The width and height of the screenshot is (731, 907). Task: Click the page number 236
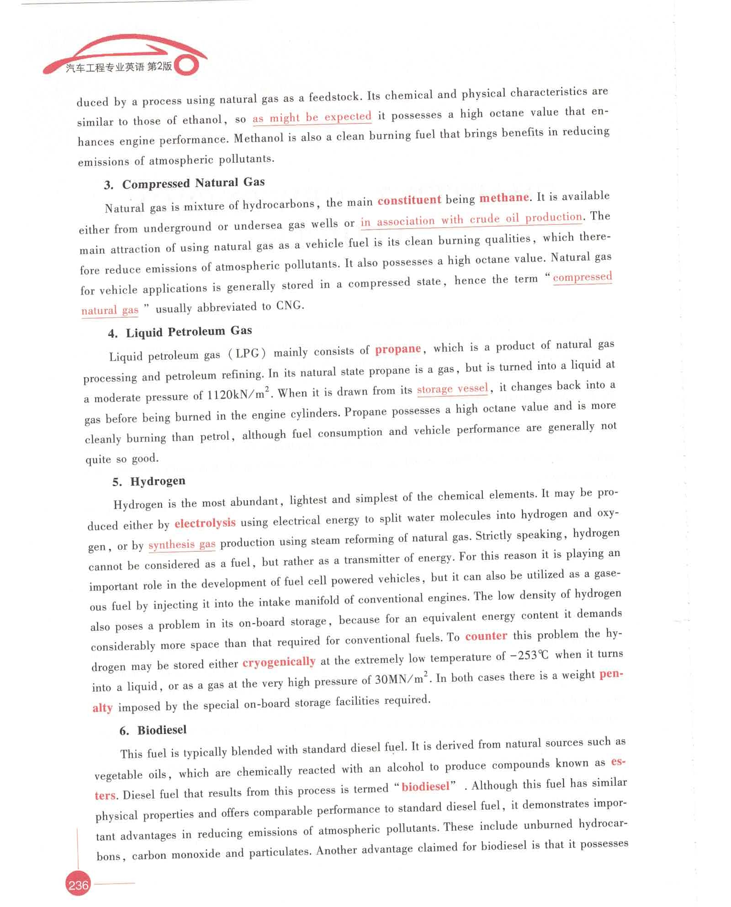tap(78, 885)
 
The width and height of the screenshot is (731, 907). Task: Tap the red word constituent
tap(409, 200)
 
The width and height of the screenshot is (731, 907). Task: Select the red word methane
tap(504, 198)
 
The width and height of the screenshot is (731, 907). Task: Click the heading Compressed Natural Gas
tap(193, 183)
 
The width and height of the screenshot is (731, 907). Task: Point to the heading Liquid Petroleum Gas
tap(189, 331)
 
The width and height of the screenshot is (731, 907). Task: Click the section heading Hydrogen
tap(158, 481)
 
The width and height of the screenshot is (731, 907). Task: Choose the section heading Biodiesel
tap(162, 730)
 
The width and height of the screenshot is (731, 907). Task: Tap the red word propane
tap(398, 349)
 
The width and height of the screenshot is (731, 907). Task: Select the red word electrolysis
tap(205, 523)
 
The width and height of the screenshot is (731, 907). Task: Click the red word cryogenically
tap(279, 662)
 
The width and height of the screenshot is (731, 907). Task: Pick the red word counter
tap(486, 636)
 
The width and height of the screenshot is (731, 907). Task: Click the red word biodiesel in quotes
tap(425, 786)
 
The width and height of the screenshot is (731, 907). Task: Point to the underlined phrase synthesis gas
tap(182, 544)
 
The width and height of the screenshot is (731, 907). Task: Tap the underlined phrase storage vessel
tap(452, 389)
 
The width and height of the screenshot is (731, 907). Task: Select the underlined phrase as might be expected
tap(312, 117)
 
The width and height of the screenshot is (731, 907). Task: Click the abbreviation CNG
tap(289, 305)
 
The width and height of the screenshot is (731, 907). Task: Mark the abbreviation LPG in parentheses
tap(247, 353)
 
